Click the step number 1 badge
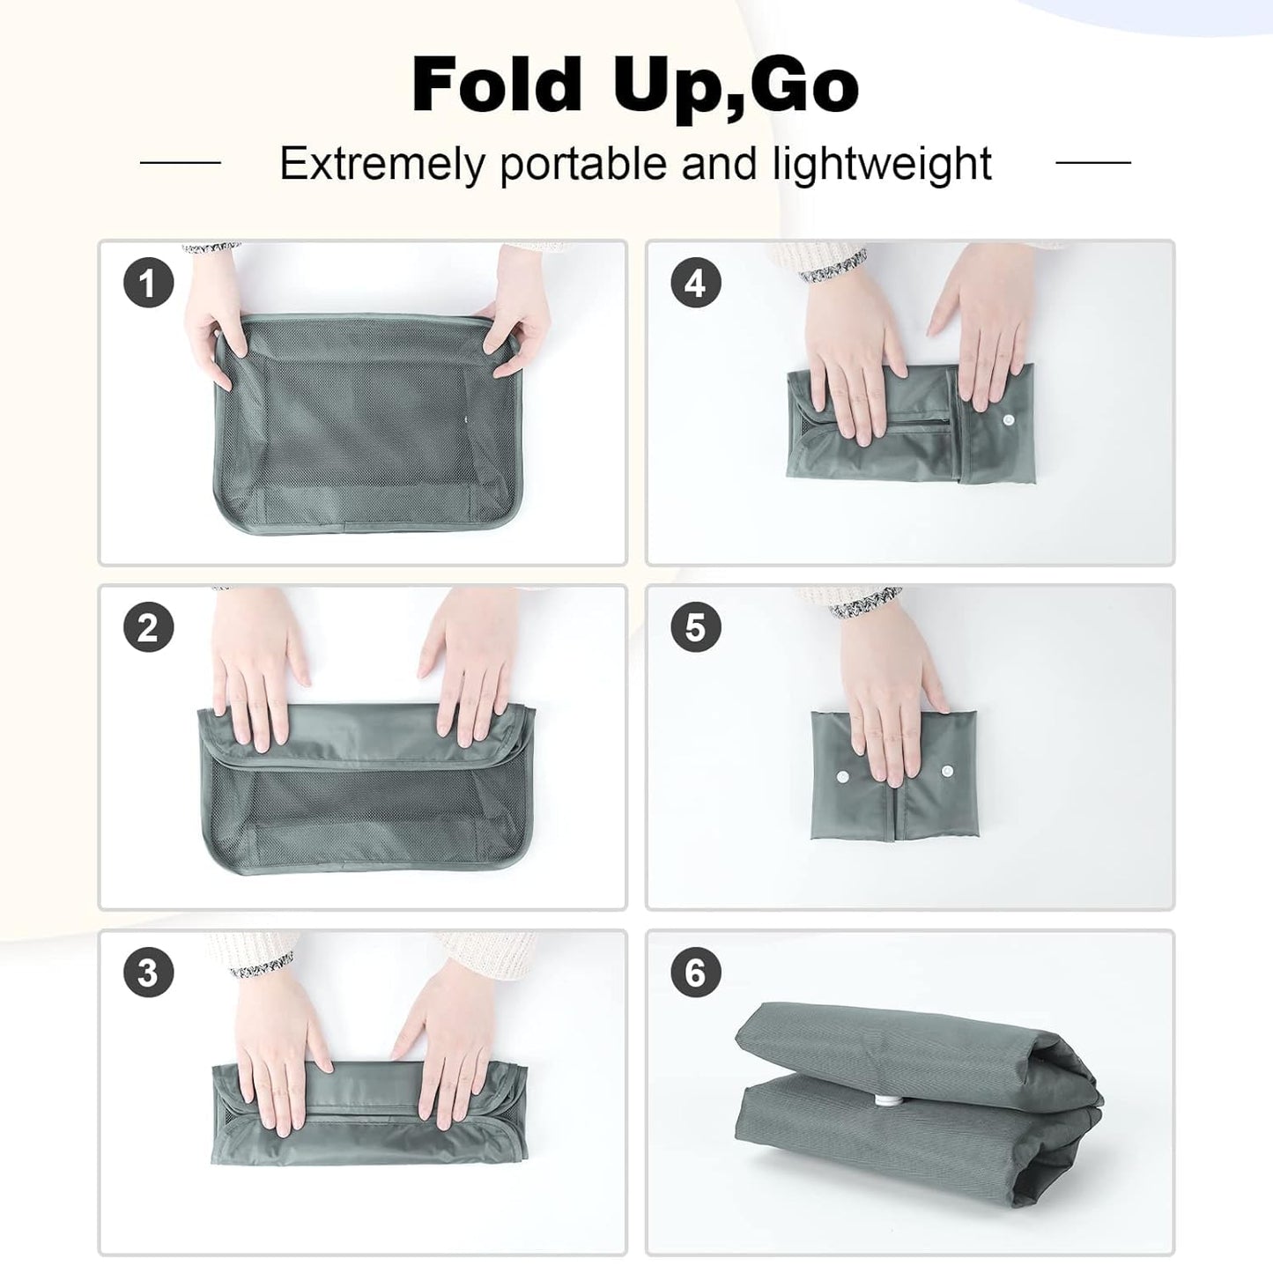click(148, 284)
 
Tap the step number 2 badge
click(148, 628)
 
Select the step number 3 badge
click(148, 973)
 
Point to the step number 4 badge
click(695, 284)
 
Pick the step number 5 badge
click(695, 628)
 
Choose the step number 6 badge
click(695, 973)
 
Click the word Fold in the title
click(497, 85)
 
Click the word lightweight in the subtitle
click(883, 164)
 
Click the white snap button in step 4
click(1006, 423)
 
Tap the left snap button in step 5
click(842, 776)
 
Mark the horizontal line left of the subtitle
click(181, 162)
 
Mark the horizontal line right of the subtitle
click(1092, 162)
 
